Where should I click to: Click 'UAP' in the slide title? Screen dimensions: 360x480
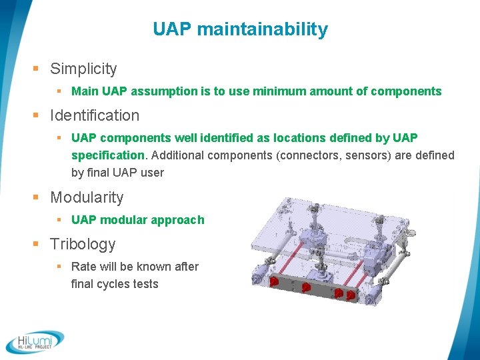click(173, 30)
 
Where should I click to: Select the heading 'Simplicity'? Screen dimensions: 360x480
click(83, 69)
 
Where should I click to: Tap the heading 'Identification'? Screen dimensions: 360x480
click(95, 115)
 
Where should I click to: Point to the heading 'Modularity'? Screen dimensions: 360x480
click(87, 197)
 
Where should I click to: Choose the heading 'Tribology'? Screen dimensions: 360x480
click(83, 244)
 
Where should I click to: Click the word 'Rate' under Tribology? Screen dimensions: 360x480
click(83, 267)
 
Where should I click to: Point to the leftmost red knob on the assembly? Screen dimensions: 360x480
click(273, 283)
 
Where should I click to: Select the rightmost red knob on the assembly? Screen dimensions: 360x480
click(349, 293)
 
